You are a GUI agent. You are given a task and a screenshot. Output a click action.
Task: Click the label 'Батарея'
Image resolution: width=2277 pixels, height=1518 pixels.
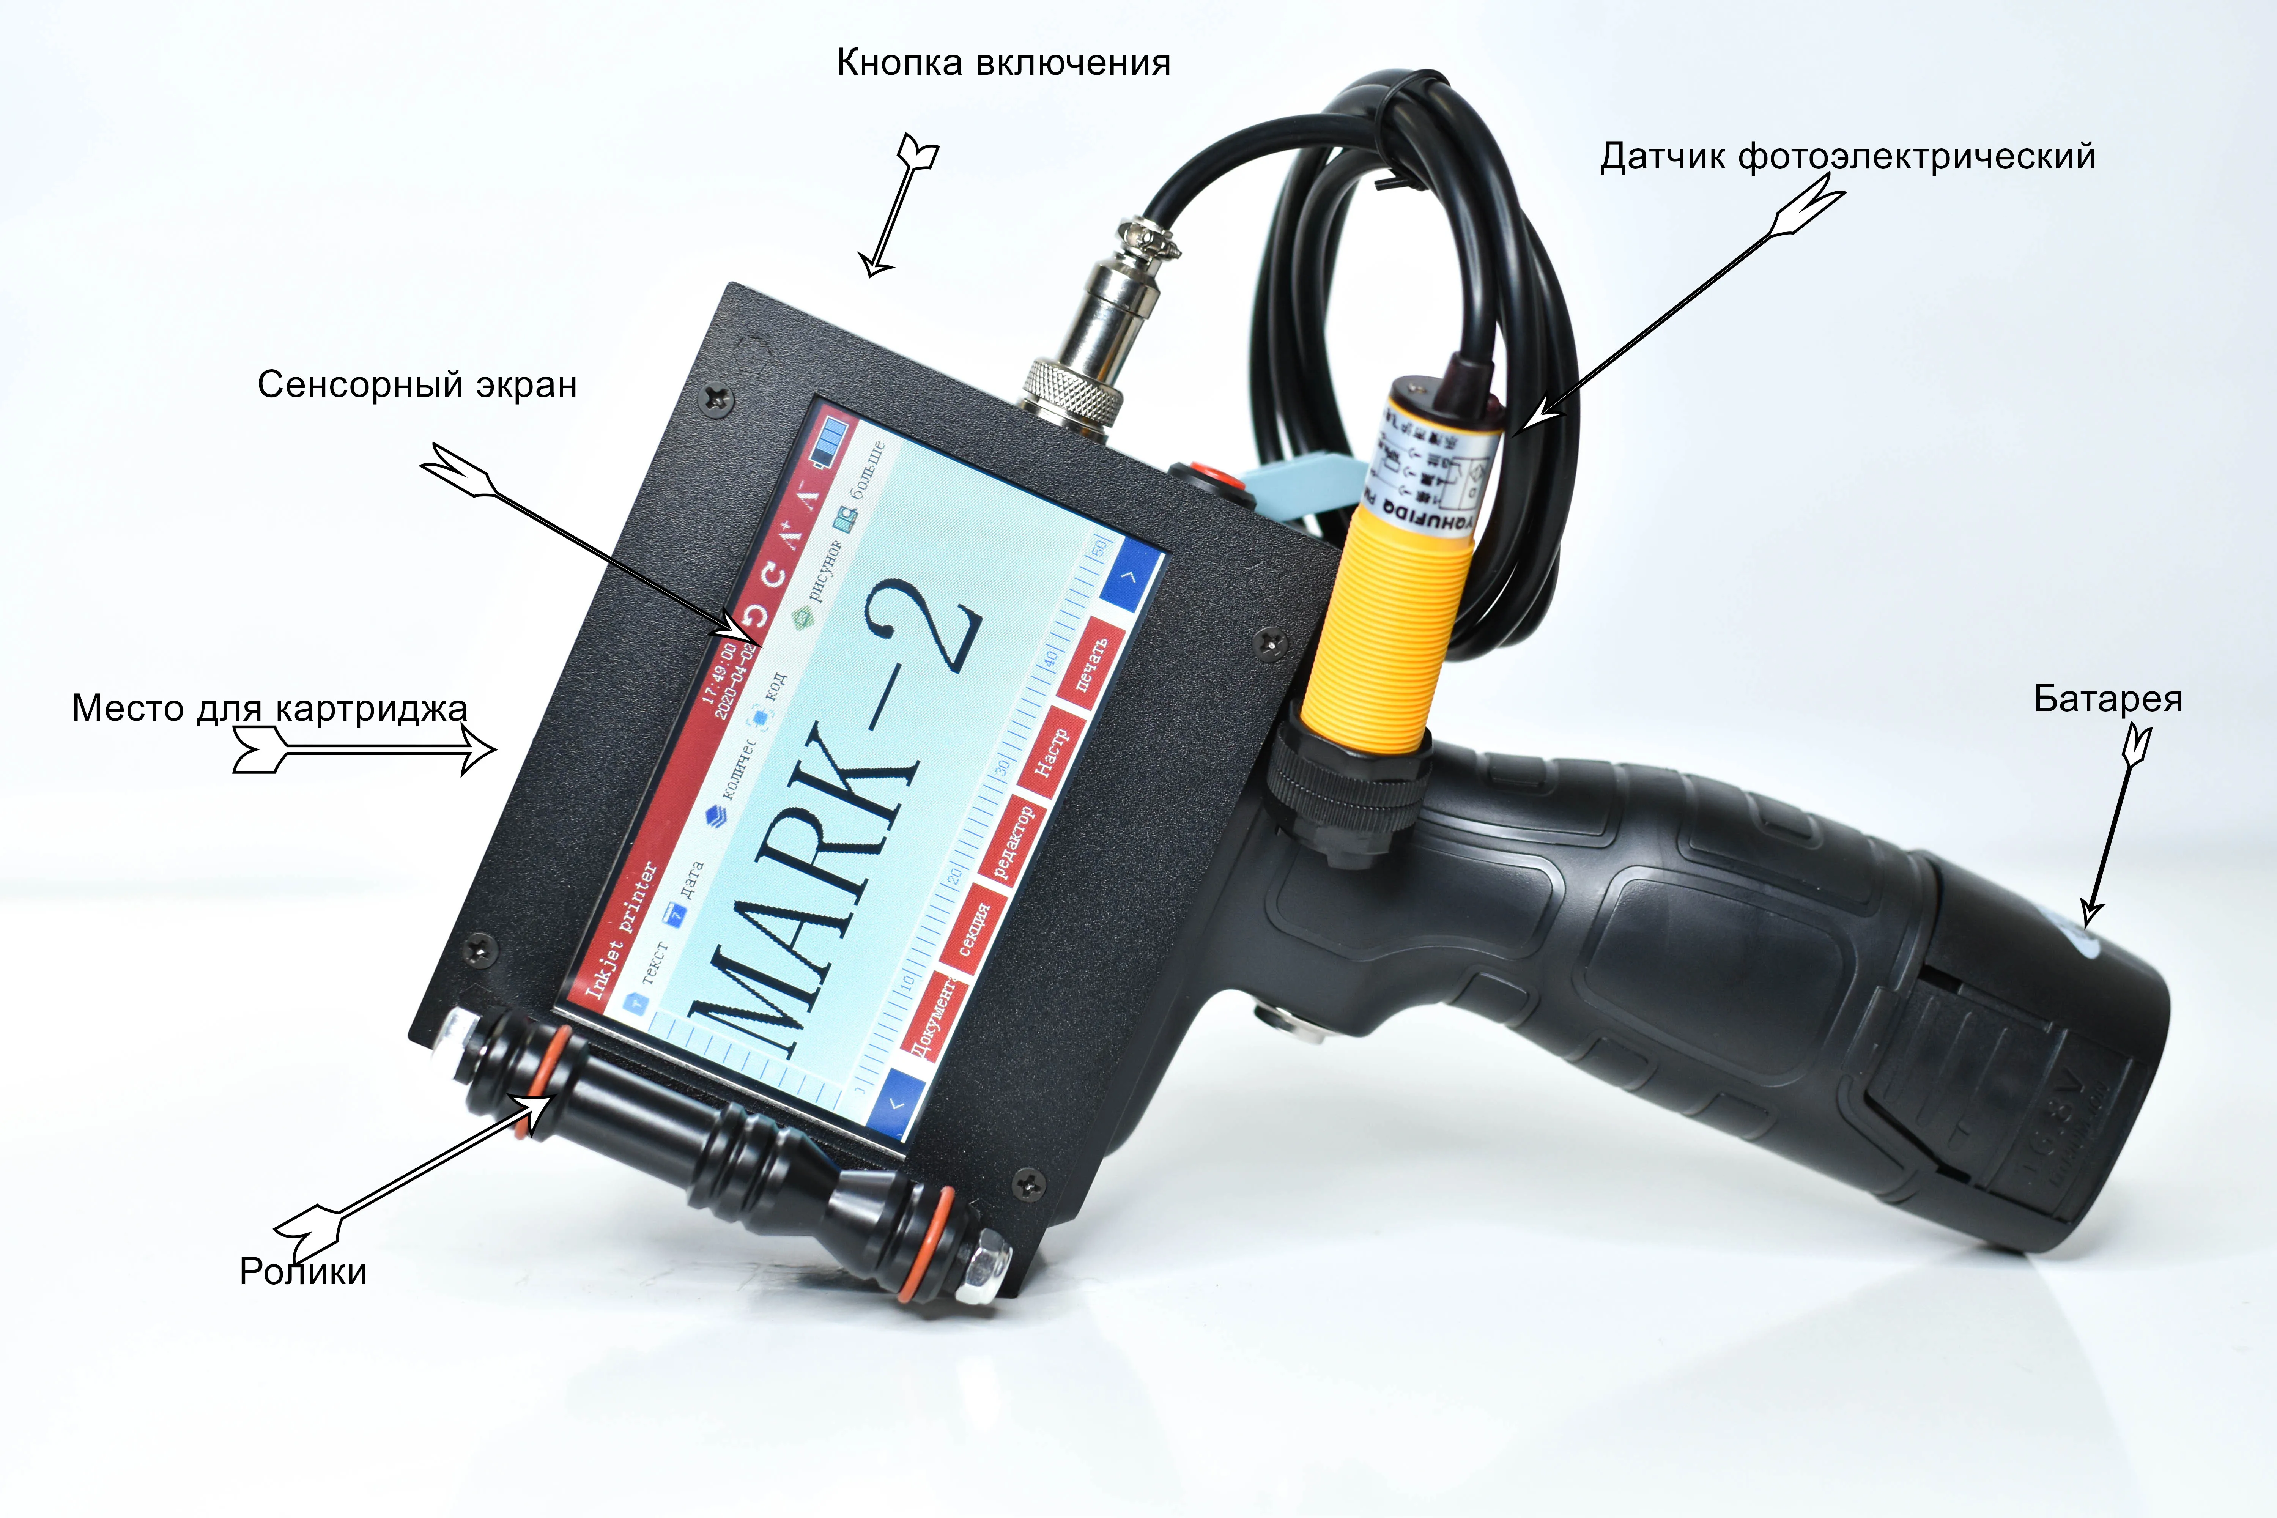point(2108,699)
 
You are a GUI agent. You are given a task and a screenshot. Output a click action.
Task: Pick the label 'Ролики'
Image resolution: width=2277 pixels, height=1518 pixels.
point(303,1271)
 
